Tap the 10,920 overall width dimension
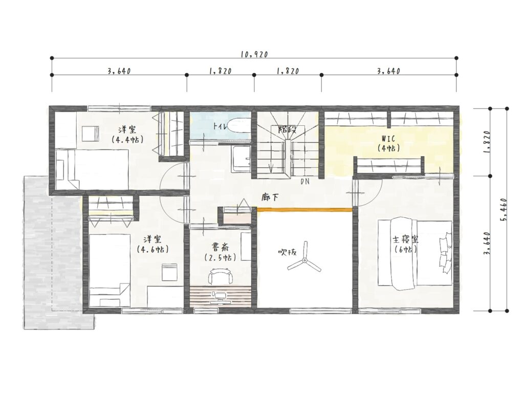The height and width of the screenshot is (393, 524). [254, 54]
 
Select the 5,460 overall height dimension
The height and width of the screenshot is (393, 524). [504, 210]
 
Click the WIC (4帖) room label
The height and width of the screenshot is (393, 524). [388, 143]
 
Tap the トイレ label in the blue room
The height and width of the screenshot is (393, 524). [221, 126]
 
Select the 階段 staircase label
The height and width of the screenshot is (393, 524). [288, 129]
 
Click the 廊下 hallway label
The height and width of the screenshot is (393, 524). [270, 198]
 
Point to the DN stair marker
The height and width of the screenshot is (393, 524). [304, 182]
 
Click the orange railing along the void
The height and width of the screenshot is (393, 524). [304, 209]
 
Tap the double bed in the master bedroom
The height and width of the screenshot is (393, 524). [415, 254]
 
